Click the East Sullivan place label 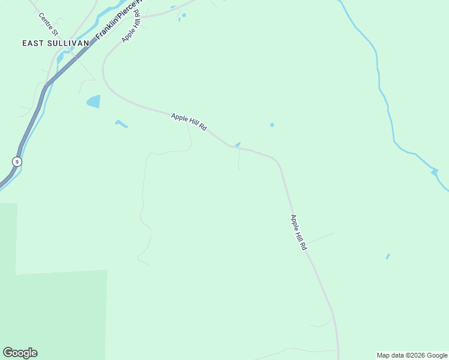point(55,43)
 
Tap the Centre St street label point(47,23)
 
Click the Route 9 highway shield point(16,161)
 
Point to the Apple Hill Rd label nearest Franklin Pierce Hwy point(131,28)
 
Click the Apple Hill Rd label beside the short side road point(298,232)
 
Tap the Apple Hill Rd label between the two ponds point(189,122)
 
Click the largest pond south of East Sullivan point(94,101)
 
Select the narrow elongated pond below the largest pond point(121,124)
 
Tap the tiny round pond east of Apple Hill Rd point(272,125)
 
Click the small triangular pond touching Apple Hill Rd point(238,145)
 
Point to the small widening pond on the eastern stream point(435,172)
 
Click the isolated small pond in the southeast point(388,256)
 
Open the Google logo point(20,353)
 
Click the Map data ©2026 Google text point(412,355)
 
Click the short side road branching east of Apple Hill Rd point(321,238)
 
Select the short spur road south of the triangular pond point(239,159)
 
